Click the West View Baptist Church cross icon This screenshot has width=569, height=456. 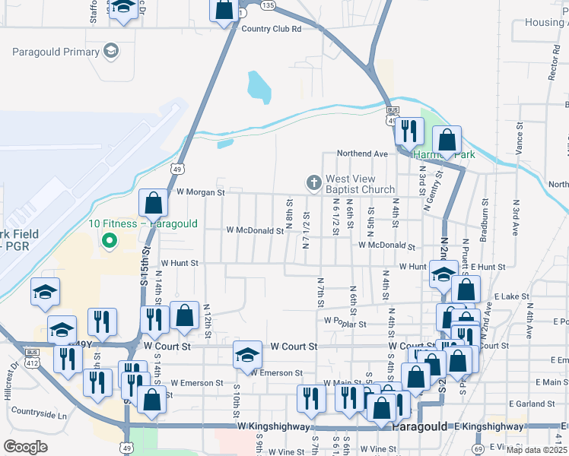point(313,183)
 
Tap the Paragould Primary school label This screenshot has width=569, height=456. point(56,52)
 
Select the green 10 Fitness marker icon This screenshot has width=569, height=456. point(109,241)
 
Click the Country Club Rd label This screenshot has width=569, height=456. point(272,29)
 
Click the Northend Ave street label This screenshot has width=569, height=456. point(363,153)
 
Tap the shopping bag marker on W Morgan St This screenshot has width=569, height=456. point(154,204)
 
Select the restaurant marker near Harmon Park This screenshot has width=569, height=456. point(411,132)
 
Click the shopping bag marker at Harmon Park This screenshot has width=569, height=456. point(447,141)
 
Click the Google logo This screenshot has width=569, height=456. point(26,446)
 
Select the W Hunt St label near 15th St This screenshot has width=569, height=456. point(179,263)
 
